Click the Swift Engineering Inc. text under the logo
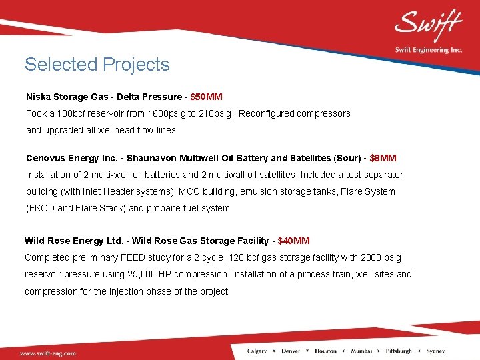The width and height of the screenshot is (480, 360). click(427, 50)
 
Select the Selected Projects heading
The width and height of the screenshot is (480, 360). click(97, 65)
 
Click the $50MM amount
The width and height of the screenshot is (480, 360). click(206, 97)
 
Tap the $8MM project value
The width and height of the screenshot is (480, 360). click(383, 158)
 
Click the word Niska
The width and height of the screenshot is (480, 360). click(37, 97)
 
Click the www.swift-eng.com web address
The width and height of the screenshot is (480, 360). click(47, 353)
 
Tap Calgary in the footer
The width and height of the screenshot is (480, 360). click(257, 351)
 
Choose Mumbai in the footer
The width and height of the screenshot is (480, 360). click(361, 351)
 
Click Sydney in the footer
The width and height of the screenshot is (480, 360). click(435, 351)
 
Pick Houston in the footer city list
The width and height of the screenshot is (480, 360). click(325, 351)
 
